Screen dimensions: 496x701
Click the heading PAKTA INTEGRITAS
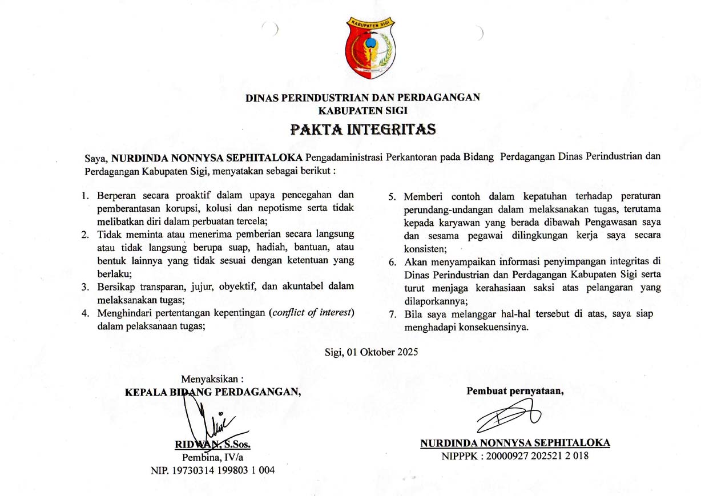363,129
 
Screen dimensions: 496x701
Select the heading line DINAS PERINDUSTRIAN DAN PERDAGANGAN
362,98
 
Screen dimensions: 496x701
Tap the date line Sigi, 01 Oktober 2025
371,352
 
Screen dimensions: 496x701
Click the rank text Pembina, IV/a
212,457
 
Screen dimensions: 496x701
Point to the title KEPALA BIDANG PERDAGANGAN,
213,392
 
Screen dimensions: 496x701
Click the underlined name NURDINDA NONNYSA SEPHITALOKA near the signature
515,443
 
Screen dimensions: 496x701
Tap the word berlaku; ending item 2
114,273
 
